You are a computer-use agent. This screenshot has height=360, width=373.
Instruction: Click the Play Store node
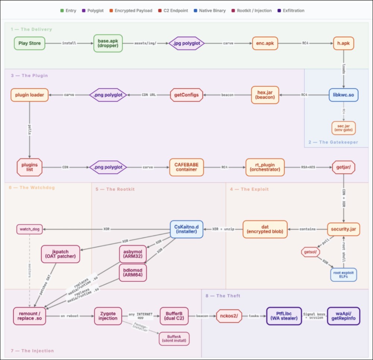coord(29,43)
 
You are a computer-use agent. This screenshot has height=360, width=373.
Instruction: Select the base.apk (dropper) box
coord(108,43)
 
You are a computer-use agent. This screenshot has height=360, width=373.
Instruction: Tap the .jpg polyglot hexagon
coord(186,43)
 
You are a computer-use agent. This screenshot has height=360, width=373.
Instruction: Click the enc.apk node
coord(265,43)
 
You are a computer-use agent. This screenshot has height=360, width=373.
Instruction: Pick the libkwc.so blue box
coord(344,95)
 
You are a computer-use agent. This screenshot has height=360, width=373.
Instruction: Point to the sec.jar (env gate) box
coord(344,128)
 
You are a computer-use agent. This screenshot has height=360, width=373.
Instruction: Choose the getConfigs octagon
coord(186,95)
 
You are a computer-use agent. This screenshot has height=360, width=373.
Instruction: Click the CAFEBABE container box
coord(186,167)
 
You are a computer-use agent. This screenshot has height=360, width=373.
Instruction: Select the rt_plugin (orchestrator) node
coord(265,167)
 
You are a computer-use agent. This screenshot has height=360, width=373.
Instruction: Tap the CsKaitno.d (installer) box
coord(186,229)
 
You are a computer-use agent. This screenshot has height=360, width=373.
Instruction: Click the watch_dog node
coord(29,229)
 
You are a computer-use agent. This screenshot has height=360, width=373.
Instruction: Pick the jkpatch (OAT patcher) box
coord(60,254)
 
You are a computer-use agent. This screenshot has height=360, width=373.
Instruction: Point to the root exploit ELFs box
coord(344,275)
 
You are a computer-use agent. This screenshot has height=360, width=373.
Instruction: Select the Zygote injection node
coord(108,316)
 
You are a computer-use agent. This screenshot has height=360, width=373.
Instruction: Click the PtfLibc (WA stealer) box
coord(284,316)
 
